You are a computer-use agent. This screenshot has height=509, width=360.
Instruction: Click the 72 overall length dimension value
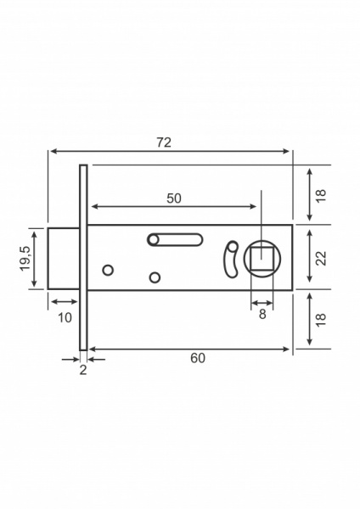[164, 143]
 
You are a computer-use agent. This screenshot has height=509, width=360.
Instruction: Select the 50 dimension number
[173, 198]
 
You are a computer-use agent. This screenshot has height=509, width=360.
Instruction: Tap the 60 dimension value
[198, 358]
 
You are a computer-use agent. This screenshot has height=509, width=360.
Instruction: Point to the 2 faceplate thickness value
[82, 370]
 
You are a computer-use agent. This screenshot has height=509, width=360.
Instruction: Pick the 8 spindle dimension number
[262, 313]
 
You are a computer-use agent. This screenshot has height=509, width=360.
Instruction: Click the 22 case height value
[321, 258]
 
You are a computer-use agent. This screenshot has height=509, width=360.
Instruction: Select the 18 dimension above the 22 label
[321, 194]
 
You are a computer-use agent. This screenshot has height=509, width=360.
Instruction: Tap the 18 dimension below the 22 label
[321, 320]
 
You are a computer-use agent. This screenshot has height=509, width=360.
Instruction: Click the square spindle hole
[262, 258]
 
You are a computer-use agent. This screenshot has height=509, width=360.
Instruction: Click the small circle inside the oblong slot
[154, 240]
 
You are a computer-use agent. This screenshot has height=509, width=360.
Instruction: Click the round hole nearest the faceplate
[108, 270]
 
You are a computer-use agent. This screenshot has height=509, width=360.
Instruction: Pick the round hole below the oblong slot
[155, 277]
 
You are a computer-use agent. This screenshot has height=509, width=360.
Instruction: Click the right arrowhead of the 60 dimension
[288, 348]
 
